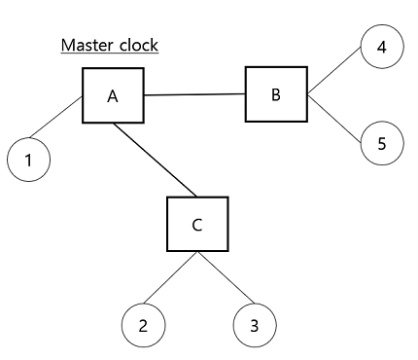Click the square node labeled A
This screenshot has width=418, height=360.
coord(112,95)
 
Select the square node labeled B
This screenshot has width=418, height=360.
coord(275,95)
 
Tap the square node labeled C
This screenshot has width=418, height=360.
coord(197,225)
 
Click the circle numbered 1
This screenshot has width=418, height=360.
coord(29,161)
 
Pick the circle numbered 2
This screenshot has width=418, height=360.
coord(144,325)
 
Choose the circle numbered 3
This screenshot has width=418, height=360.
coord(254,325)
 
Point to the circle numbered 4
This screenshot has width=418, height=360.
coord(381,47)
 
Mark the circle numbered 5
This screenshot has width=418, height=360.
coord(381,143)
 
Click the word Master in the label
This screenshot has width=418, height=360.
coord(85,46)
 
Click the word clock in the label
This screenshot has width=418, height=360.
coord(136,46)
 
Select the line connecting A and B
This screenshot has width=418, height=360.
coord(193,95)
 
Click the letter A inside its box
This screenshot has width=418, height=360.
coord(112,96)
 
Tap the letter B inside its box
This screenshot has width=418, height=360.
coord(275,95)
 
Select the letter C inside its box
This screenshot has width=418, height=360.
coord(197,226)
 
